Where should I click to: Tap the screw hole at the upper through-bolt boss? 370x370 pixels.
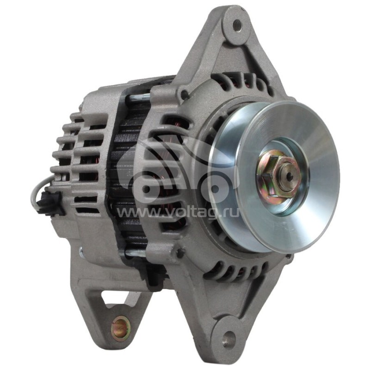click(185, 95)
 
